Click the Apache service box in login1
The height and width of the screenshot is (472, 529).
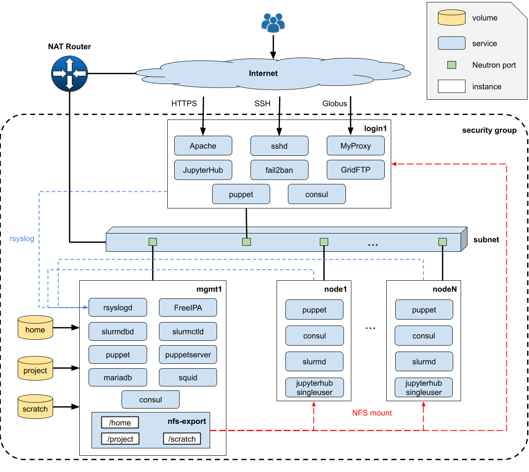tap(203, 146)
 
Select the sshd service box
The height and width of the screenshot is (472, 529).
tap(280, 146)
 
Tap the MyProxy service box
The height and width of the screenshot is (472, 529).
tap(356, 146)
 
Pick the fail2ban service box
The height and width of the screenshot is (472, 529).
tap(280, 170)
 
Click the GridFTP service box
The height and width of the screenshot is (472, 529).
tap(356, 170)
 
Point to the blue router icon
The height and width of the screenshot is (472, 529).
tap(69, 74)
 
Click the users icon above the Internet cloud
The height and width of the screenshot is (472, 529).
tap(273, 23)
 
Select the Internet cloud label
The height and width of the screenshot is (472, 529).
tap(263, 73)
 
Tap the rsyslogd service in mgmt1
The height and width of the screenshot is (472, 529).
tap(118, 308)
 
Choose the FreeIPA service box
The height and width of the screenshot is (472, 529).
tap(188, 308)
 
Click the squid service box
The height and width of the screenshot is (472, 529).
tap(188, 378)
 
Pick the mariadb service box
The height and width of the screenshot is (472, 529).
tap(118, 378)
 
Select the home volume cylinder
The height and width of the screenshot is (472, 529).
tap(35, 327)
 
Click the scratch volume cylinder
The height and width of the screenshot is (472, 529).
tap(35, 407)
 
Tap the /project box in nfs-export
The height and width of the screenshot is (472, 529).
tap(120, 439)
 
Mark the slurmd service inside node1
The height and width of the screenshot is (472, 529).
tap(314, 362)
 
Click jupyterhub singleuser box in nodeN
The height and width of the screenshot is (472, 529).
tap(424, 387)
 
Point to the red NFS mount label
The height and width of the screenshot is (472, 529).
tap(372, 413)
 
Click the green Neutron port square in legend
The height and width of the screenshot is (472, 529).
tap(452, 65)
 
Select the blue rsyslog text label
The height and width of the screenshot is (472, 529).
tap(22, 239)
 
